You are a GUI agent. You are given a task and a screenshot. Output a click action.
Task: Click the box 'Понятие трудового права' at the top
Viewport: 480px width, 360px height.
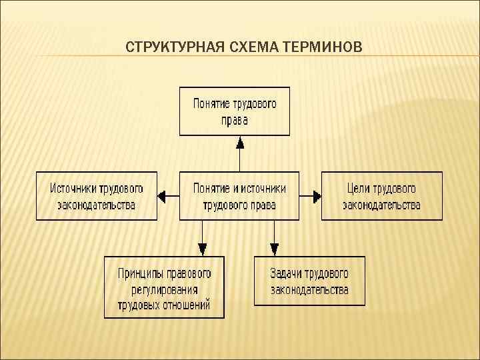click(235, 111)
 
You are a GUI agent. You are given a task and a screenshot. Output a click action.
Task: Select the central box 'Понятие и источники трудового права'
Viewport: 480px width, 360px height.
click(239, 196)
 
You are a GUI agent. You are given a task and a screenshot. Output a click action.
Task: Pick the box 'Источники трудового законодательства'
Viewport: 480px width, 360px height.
click(97, 196)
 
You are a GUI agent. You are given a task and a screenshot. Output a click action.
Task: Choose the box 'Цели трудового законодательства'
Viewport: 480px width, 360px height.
click(381, 196)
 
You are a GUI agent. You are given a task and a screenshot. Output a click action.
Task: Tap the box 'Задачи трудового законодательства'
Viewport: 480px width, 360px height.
click(309, 281)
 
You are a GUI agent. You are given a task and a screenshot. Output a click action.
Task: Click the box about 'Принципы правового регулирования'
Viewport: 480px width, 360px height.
click(164, 287)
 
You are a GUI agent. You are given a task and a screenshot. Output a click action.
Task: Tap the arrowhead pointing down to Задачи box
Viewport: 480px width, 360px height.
click(274, 249)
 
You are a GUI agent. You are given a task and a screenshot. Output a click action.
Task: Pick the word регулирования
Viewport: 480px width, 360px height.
click(164, 289)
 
